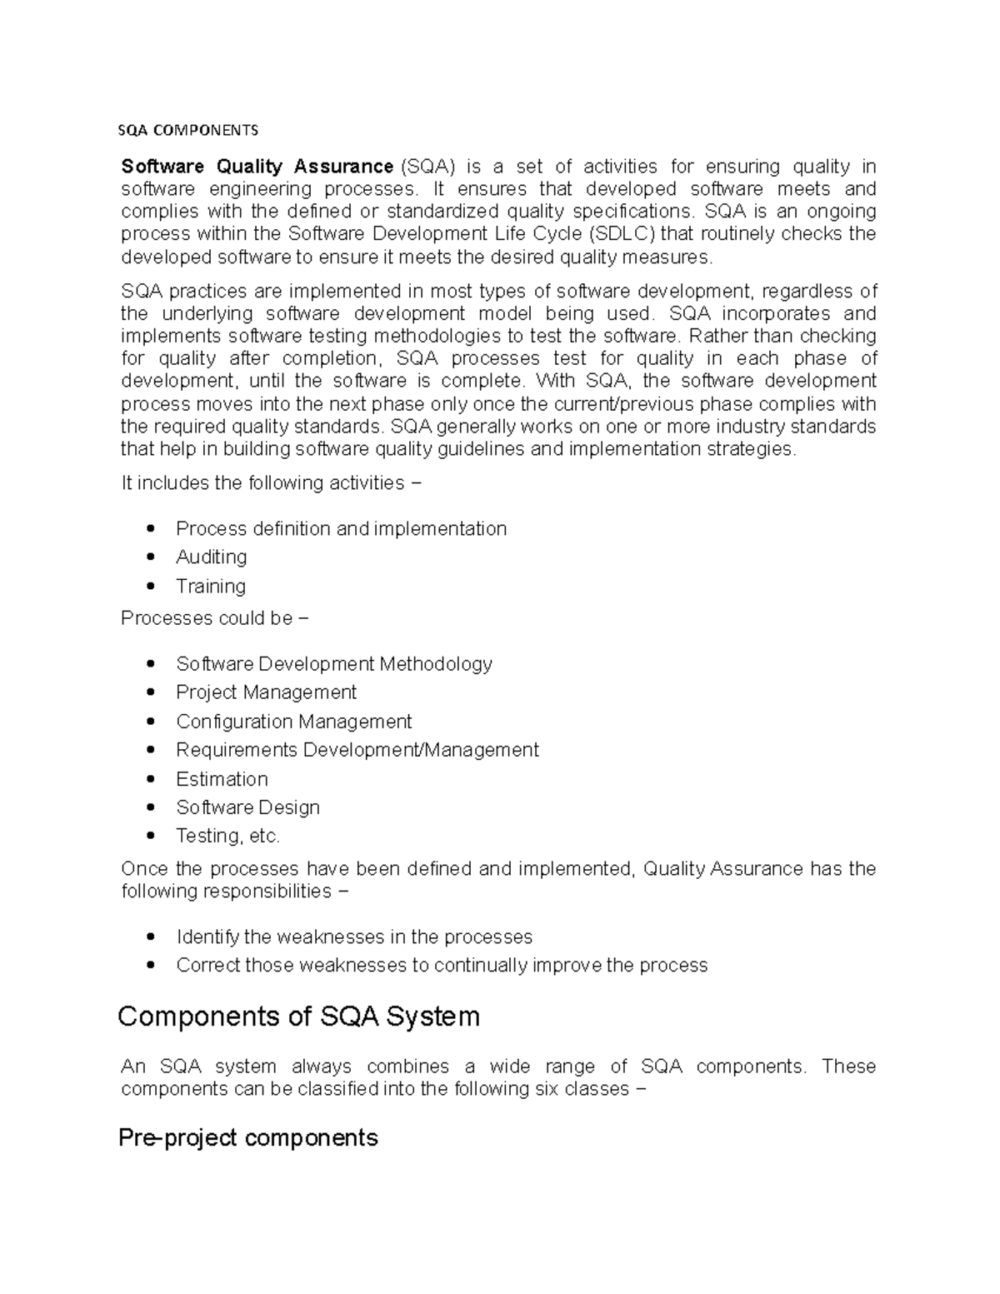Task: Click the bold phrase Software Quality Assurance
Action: point(257,167)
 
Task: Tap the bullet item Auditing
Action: point(211,557)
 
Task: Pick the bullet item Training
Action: point(210,586)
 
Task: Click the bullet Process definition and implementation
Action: point(341,528)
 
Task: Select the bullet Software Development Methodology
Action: point(333,664)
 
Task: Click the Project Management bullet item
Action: point(266,692)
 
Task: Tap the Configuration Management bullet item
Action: point(293,722)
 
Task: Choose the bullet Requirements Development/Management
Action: point(357,750)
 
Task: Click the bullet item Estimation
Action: point(222,779)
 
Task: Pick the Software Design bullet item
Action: point(247,807)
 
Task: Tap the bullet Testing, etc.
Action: point(227,836)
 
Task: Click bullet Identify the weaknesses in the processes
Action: point(353,937)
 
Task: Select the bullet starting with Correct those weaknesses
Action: point(441,965)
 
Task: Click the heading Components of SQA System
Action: point(299,1017)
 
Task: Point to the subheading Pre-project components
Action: point(248,1137)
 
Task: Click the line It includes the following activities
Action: point(272,483)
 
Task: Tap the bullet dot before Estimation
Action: point(150,779)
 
